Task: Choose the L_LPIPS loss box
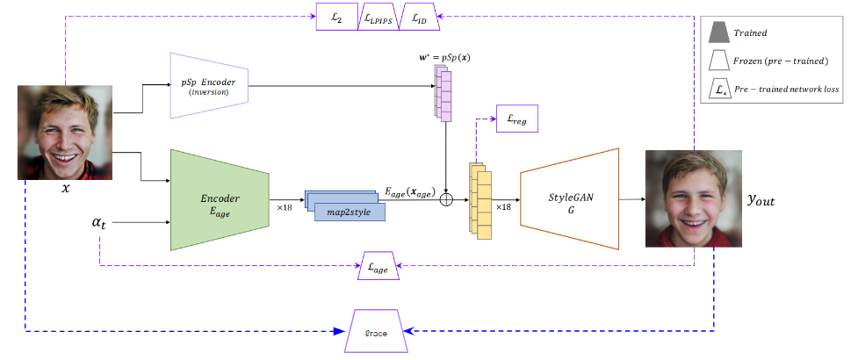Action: pos(378,17)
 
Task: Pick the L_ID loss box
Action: pos(420,17)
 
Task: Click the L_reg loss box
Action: pos(515,119)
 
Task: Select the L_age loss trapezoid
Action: pos(379,266)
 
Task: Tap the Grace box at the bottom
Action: pos(377,332)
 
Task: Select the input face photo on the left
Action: pos(65,132)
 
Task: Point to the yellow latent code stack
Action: pos(480,194)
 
